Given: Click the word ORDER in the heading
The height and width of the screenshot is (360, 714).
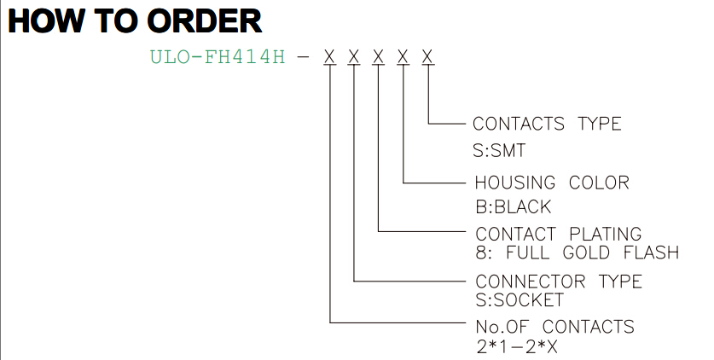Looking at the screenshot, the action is pyautogui.click(x=205, y=21).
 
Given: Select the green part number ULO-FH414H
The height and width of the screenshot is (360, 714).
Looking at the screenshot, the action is pyautogui.click(x=218, y=57).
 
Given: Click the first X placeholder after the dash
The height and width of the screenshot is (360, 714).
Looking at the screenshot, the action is pyautogui.click(x=329, y=57).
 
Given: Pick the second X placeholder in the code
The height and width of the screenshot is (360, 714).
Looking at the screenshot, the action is pyautogui.click(x=354, y=57).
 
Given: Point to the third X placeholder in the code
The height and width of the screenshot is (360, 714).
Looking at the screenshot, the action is pyautogui.click(x=379, y=57).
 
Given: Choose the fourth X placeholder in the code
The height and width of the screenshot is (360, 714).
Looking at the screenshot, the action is pyautogui.click(x=403, y=57).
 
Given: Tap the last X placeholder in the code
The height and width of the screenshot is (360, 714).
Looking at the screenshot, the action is pyautogui.click(x=427, y=57).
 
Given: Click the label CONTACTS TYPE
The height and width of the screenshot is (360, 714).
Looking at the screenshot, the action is pyautogui.click(x=547, y=124).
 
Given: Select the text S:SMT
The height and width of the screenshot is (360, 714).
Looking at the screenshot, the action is pyautogui.click(x=499, y=151).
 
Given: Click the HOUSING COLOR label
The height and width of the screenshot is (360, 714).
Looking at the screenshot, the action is pyautogui.click(x=552, y=183).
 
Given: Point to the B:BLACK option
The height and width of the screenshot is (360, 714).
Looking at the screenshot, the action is pyautogui.click(x=514, y=207).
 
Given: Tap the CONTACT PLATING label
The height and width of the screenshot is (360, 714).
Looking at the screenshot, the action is pyautogui.click(x=559, y=234).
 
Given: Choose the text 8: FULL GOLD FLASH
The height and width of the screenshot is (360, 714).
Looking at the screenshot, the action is pyautogui.click(x=578, y=253).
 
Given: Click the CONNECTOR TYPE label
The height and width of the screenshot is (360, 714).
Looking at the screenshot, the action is pyautogui.click(x=559, y=282).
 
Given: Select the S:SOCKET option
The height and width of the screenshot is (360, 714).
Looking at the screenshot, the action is pyautogui.click(x=520, y=300).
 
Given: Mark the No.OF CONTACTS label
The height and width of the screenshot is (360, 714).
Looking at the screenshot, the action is pyautogui.click(x=554, y=327).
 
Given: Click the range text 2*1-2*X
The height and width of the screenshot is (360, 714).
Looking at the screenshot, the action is pyautogui.click(x=517, y=347).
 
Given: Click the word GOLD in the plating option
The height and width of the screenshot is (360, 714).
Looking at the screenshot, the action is pyautogui.click(x=586, y=253).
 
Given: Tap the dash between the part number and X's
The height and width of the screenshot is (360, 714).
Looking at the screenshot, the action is pyautogui.click(x=303, y=57).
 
